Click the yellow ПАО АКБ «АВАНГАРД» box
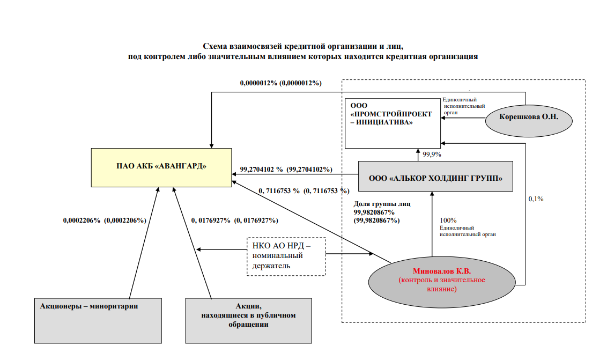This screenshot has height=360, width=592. point(161,167)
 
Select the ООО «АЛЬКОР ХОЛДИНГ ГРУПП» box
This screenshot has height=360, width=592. point(435,177)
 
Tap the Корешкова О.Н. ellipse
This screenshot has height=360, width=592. point(529,121)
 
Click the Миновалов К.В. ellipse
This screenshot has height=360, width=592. point(442,282)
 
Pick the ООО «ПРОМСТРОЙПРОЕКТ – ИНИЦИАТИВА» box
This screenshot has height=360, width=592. point(393,123)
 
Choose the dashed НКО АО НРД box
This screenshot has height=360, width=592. point(286,256)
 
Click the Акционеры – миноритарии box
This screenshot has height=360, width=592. point(98,321)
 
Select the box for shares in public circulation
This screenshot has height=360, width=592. point(248,321)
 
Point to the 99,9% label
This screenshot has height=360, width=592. point(432,154)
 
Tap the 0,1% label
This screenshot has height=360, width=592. point(536,199)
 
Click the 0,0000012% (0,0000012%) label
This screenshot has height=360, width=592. point(281,83)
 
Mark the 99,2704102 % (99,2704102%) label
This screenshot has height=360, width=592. point(286,169)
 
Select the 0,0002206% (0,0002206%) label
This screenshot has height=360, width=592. point(105,220)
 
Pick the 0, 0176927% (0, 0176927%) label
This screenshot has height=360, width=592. point(234,220)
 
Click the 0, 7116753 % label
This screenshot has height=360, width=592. point(279,191)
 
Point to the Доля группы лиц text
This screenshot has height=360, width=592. point(382,204)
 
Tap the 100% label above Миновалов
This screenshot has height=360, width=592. point(448,220)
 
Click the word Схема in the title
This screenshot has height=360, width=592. point(215,46)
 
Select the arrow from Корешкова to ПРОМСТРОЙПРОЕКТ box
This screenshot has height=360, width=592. point(463,118)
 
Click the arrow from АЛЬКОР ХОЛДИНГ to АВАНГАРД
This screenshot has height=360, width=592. point(295,174)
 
